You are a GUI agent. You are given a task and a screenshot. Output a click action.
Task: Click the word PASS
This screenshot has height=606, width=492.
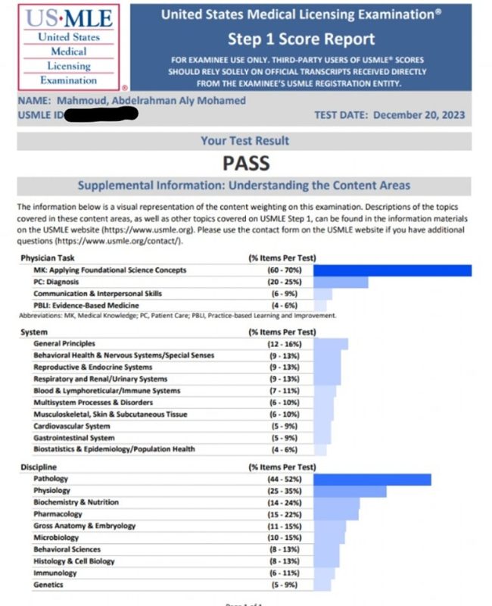point(246,163)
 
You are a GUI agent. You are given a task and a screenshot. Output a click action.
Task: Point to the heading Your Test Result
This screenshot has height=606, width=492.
point(244,140)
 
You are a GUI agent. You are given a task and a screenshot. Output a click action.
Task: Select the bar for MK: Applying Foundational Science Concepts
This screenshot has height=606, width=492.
point(392,270)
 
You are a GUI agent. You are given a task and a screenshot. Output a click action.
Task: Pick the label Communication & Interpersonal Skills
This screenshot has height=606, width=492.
point(97,293)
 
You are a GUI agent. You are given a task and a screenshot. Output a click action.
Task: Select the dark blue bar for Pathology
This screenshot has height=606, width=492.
point(372,479)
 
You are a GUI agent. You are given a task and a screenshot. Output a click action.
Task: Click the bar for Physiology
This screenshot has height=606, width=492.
point(350,491)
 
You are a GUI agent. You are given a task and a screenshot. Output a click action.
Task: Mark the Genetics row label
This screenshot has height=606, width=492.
point(48,585)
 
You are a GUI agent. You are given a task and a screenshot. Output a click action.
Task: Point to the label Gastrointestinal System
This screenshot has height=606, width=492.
point(74,438)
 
